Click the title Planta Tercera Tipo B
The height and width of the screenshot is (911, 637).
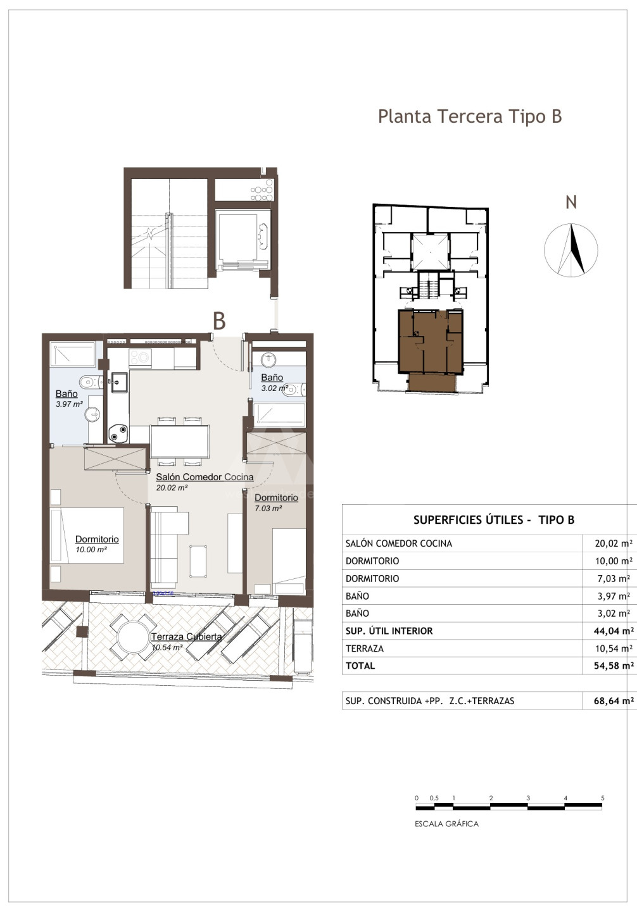click(470, 116)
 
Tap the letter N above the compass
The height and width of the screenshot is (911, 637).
click(571, 202)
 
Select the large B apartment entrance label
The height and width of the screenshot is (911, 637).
click(219, 321)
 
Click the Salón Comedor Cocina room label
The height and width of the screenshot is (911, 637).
click(205, 476)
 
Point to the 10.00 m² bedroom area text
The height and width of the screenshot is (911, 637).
click(91, 550)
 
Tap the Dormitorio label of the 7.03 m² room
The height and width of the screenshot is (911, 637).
click(276, 497)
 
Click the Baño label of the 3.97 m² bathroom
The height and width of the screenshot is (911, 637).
click(66, 394)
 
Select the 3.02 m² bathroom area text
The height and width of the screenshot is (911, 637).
click(275, 388)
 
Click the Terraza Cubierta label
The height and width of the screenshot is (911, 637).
click(187, 636)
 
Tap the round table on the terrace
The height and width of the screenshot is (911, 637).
click(133, 638)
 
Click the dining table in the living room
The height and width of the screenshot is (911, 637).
click(180, 442)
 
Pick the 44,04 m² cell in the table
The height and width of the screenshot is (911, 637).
click(614, 631)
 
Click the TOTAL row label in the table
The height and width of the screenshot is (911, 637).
click(360, 666)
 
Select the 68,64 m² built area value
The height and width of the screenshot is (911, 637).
click(614, 700)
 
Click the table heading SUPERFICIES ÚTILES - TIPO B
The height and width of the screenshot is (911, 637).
click(494, 520)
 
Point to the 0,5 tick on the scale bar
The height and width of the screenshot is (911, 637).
click(434, 798)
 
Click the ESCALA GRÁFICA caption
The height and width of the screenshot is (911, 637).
click(446, 824)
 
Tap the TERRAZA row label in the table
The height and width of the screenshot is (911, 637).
click(365, 648)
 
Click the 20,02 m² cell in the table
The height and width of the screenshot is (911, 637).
click(614, 543)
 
